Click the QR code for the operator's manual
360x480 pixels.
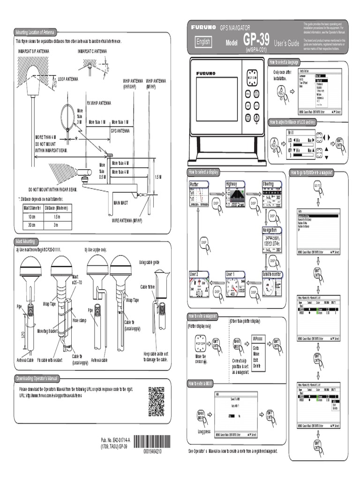tap(156, 402)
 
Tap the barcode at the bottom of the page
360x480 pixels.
tap(152, 442)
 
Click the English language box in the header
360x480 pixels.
tap(203, 42)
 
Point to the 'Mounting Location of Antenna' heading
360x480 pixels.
tap(36, 32)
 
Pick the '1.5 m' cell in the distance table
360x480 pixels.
tap(56, 217)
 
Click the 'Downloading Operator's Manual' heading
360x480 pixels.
tap(37, 378)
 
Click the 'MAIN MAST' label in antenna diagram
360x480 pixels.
tap(121, 202)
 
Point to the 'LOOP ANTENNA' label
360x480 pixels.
tap(68, 79)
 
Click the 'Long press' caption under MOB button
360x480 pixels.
tap(204, 431)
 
